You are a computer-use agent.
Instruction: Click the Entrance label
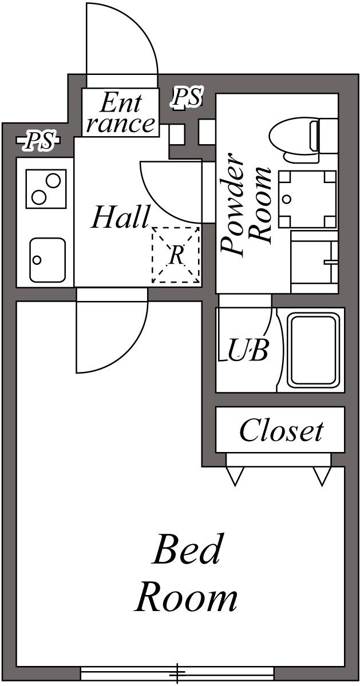tap(120, 113)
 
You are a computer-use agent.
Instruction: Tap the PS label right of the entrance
tap(187, 98)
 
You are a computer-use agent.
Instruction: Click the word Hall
tap(120, 218)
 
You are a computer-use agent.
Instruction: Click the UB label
tap(248, 350)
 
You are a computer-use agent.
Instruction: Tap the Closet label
tap(280, 430)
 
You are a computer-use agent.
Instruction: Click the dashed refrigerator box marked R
tap(176, 255)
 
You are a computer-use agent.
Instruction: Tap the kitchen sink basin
tap(47, 260)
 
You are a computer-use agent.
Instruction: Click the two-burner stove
tap(43, 189)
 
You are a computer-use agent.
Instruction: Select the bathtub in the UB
tap(312, 350)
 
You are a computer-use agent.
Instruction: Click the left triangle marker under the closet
tap(235, 475)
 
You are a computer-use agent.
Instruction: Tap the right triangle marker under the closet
tap(322, 475)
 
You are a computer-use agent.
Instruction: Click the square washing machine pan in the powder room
tap(307, 199)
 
